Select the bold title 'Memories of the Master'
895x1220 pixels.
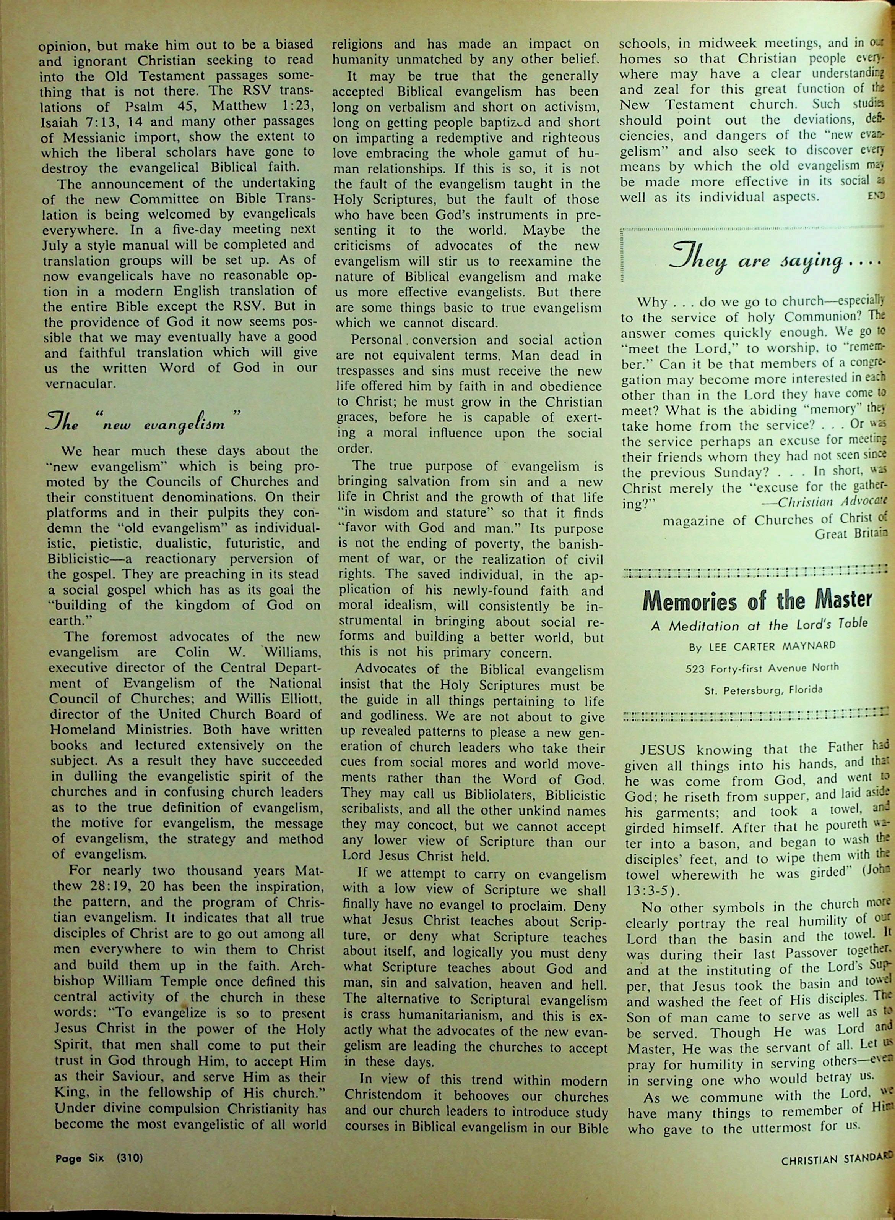[x=757, y=599]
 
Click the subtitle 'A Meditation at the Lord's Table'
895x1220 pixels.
[x=759, y=625]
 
